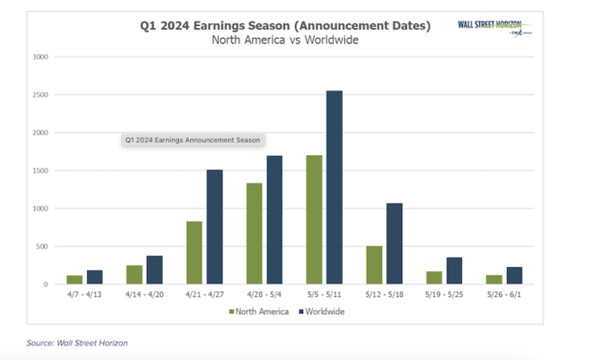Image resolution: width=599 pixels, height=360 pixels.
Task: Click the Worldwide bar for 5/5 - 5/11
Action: point(334,187)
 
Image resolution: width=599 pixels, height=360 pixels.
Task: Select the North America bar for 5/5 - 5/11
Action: point(315,220)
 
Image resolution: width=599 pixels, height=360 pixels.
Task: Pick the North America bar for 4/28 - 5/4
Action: point(255,233)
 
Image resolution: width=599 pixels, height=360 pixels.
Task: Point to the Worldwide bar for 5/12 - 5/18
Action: point(394,244)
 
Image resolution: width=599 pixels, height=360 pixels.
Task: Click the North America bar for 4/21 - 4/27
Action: point(195,252)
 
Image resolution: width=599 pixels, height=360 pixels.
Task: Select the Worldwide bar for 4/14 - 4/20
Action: point(155,270)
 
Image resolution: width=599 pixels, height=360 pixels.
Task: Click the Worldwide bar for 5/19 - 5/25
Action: point(454,270)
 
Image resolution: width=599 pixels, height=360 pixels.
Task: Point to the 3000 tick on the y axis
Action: point(40,57)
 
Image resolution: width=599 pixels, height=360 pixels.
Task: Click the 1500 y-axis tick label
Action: point(40,171)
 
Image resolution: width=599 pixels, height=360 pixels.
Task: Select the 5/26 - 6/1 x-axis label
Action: point(506,295)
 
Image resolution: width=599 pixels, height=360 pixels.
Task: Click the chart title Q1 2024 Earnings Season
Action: point(286,26)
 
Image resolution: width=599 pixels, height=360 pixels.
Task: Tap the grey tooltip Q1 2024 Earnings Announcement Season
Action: point(192,139)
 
